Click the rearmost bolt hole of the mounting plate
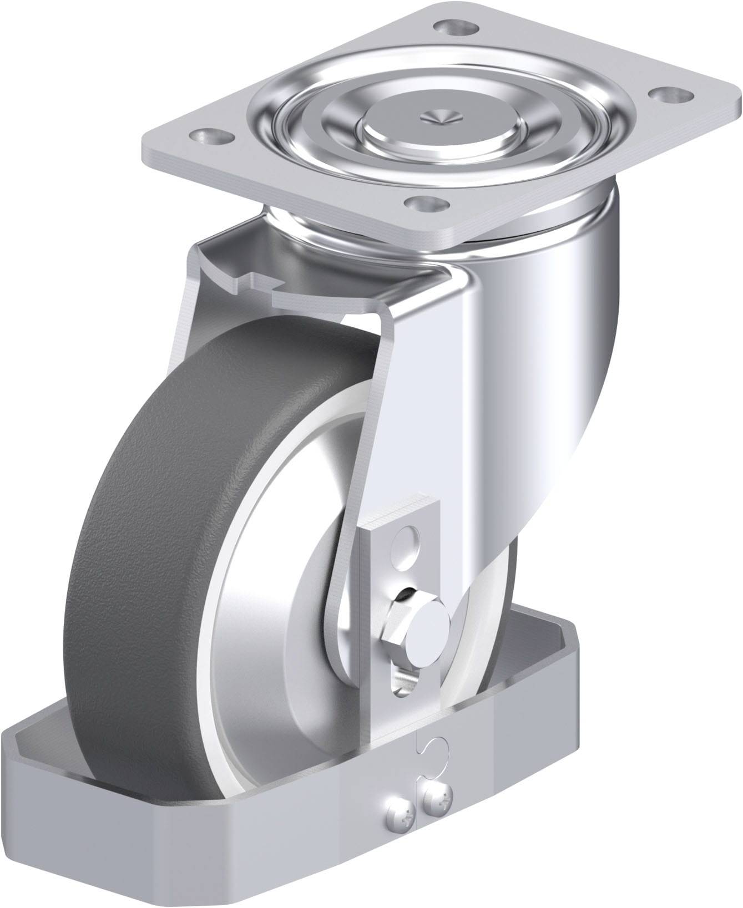pos(450,26)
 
